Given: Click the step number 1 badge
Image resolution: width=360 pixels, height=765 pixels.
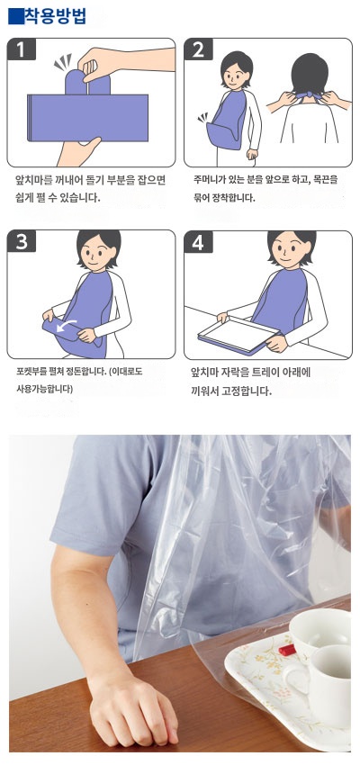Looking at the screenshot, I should (21, 50).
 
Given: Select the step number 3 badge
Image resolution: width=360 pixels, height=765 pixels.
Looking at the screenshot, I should (21, 242).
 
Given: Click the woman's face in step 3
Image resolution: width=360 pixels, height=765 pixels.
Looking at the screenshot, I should (94, 255).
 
